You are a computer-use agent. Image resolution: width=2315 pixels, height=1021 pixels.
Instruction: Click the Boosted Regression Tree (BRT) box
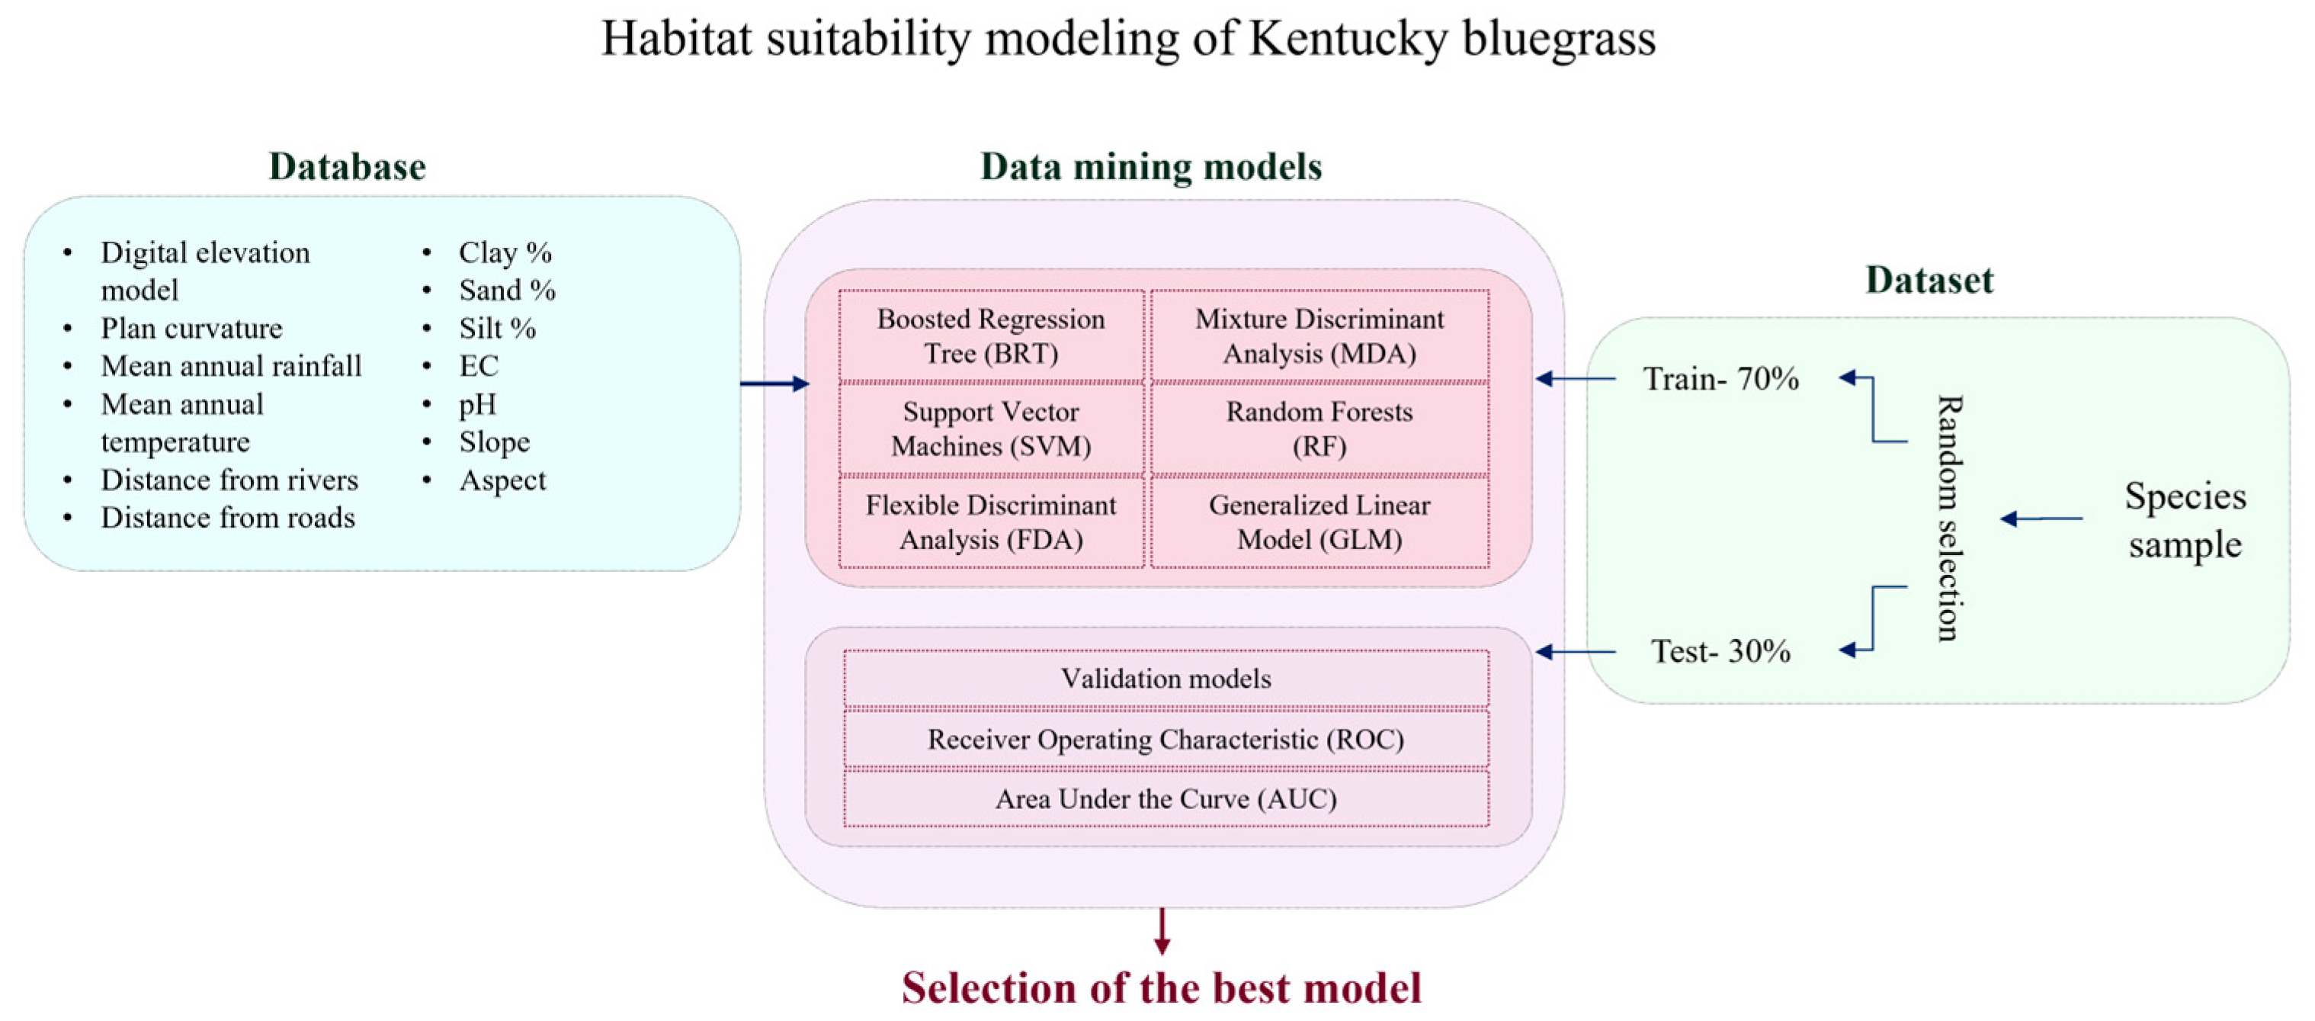(x=990, y=336)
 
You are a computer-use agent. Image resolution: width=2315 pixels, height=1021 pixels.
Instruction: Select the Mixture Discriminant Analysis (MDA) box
(x=1319, y=336)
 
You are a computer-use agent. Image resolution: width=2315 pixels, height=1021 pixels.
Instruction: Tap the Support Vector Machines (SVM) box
(x=990, y=429)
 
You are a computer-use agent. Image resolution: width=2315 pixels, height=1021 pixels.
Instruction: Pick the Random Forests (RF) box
(x=1319, y=429)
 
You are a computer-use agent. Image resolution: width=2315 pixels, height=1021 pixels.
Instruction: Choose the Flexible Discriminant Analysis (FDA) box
(x=990, y=522)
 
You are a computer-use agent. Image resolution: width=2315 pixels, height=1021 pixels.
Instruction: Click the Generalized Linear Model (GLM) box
(x=1319, y=522)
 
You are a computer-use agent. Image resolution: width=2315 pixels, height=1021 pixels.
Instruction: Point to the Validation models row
(x=1166, y=679)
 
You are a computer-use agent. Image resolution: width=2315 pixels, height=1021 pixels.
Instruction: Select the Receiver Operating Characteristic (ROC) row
(x=1166, y=739)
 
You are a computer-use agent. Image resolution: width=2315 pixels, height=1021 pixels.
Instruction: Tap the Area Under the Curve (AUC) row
(x=1166, y=798)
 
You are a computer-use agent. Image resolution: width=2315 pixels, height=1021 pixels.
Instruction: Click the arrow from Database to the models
(x=774, y=384)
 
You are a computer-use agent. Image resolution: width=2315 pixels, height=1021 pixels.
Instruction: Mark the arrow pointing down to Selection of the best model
(x=1162, y=931)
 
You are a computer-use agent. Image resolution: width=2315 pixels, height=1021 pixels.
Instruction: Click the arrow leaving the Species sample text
(x=2042, y=519)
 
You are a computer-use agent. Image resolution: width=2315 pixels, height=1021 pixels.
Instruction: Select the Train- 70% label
(x=1720, y=379)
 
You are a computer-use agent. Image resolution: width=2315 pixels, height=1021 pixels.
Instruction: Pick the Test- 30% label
(x=1720, y=650)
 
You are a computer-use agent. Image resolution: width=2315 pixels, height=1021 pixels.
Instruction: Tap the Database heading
(x=347, y=167)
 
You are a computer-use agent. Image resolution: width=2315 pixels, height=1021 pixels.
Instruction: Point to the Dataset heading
(x=1929, y=281)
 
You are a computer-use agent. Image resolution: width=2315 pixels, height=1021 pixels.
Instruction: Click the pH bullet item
(x=477, y=404)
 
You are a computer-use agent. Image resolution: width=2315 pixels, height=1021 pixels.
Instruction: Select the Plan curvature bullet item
(x=191, y=329)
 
